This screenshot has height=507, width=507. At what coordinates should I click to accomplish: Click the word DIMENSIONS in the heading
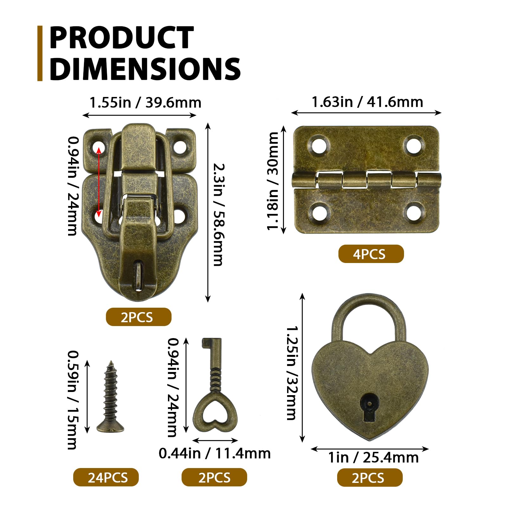click(145, 69)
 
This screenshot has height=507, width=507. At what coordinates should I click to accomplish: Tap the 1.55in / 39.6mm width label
click(145, 103)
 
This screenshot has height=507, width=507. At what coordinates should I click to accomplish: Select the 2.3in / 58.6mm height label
click(218, 215)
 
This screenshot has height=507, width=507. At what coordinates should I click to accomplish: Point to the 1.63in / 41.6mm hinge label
click(367, 102)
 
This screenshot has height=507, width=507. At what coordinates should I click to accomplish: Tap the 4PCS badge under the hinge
click(371, 254)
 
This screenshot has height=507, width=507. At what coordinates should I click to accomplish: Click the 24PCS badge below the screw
click(106, 478)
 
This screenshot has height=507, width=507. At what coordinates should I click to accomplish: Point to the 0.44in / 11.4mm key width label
click(215, 453)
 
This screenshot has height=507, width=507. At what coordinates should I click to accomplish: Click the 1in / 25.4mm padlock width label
click(373, 458)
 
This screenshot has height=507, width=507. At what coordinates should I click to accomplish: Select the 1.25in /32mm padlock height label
click(292, 373)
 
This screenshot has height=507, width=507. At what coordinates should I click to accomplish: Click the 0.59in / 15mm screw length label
click(73, 400)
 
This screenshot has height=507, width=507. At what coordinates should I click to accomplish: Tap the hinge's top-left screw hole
click(318, 145)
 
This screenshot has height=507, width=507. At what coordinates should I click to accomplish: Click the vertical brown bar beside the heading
click(40, 53)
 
